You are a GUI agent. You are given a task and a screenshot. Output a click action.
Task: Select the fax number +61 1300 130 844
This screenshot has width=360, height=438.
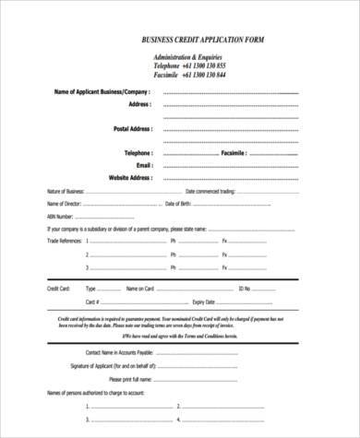[x=204, y=75]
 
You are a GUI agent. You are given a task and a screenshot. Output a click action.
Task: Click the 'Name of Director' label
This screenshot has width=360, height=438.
[x=64, y=203]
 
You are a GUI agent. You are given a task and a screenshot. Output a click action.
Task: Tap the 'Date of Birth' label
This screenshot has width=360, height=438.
[x=177, y=203]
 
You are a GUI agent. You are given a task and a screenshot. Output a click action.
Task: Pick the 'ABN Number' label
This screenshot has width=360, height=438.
[x=60, y=215]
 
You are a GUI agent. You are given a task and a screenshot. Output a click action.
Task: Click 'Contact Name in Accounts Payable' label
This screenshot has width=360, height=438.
[x=119, y=352]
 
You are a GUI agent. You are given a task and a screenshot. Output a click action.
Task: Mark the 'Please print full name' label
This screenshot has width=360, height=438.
[x=129, y=379]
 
